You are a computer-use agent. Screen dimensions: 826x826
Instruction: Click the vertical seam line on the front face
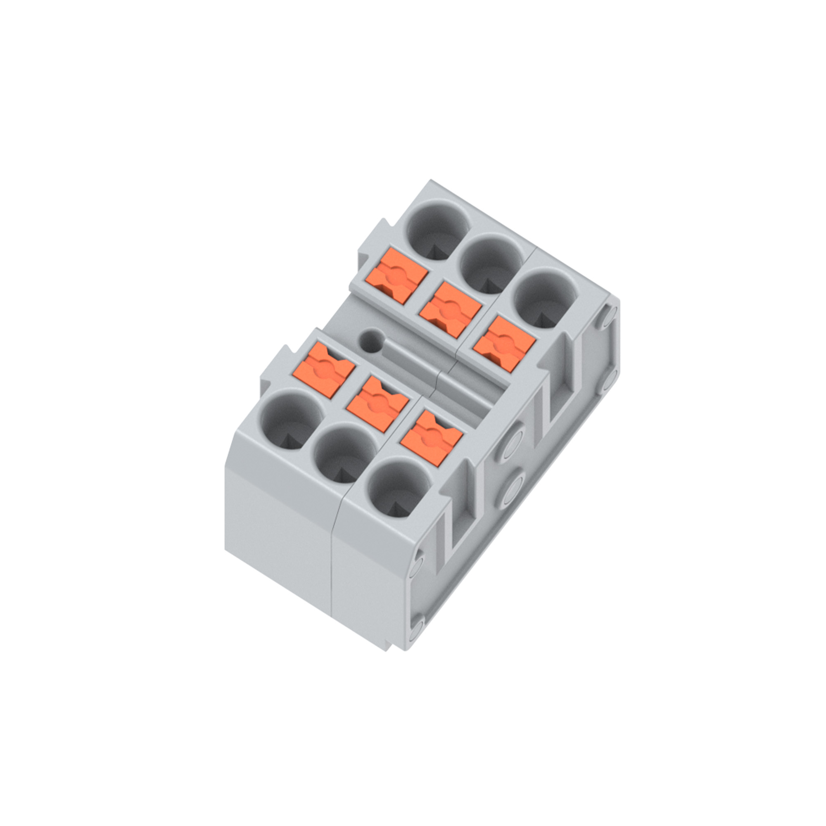pos(332,556)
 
